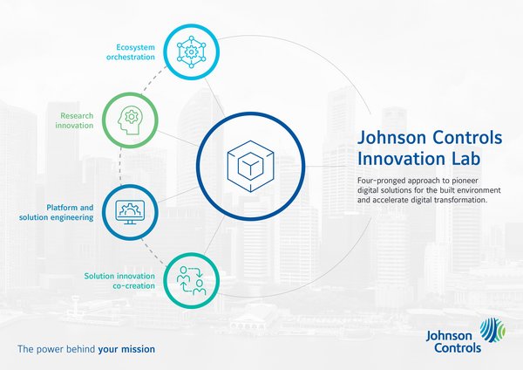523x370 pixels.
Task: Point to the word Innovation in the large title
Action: (x=401, y=160)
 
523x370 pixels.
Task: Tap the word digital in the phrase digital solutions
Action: (x=370, y=191)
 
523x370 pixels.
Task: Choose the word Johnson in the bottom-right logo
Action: (x=448, y=333)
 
